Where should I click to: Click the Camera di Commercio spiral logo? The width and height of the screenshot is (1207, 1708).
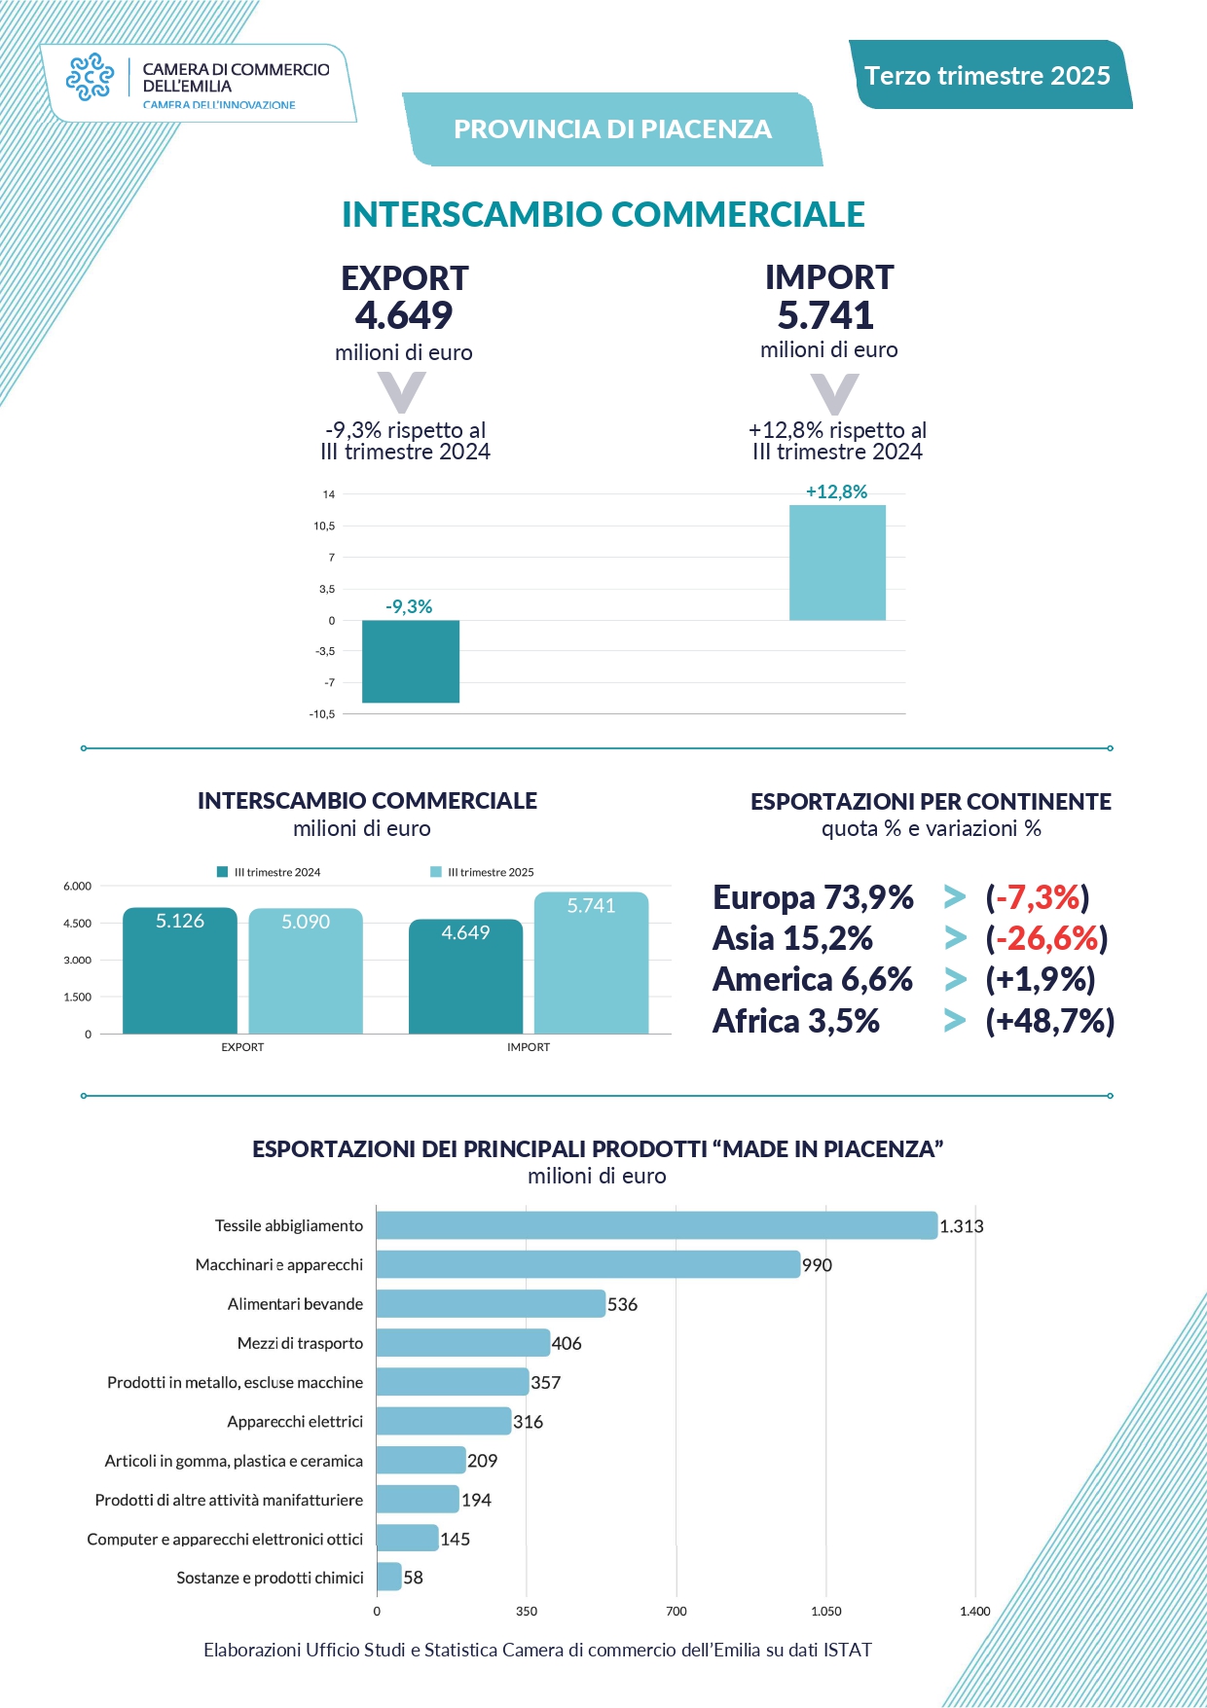pos(90,77)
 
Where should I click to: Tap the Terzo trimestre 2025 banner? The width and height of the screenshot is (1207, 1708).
pos(987,76)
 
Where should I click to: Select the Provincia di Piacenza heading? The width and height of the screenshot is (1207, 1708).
pos(612,129)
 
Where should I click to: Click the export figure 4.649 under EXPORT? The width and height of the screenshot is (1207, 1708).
pos(404,315)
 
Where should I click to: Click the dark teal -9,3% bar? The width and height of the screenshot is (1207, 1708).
pos(410,661)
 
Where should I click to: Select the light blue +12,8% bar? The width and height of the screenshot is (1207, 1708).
pos(837,563)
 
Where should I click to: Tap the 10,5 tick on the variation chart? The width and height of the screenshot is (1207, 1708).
pos(324,527)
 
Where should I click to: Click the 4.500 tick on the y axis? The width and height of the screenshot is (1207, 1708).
pos(78,924)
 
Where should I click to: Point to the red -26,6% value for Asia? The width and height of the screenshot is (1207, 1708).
pos(1047,938)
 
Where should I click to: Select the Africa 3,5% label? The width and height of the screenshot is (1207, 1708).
pos(796,1021)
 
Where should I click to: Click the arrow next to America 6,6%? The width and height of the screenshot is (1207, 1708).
pos(955,980)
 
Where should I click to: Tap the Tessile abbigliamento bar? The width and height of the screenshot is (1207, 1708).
pos(656,1225)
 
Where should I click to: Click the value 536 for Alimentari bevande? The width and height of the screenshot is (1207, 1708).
pos(623,1305)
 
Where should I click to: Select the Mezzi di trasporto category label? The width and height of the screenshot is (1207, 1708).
pos(300,1343)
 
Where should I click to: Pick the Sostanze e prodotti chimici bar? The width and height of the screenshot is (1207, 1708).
pos(388,1577)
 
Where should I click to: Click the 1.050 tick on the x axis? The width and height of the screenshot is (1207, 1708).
pos(825,1612)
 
